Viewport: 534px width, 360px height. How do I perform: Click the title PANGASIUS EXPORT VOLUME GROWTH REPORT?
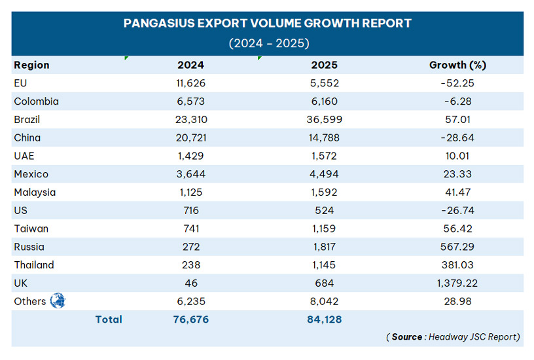pyautogui.click(x=268, y=24)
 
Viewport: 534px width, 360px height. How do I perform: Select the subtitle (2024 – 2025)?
pyautogui.click(x=268, y=43)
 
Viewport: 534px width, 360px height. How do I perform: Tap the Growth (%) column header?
pyautogui.click(x=457, y=65)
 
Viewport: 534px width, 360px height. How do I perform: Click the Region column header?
pyautogui.click(x=31, y=65)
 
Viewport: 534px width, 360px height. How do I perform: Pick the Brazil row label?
pyautogui.click(x=27, y=120)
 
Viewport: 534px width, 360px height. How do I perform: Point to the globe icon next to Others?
pyautogui.click(x=58, y=301)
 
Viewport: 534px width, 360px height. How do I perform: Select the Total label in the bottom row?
pyautogui.click(x=109, y=319)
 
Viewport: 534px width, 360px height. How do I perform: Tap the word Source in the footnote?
pyautogui.click(x=407, y=337)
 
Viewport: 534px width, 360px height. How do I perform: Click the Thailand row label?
pyautogui.click(x=34, y=265)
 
